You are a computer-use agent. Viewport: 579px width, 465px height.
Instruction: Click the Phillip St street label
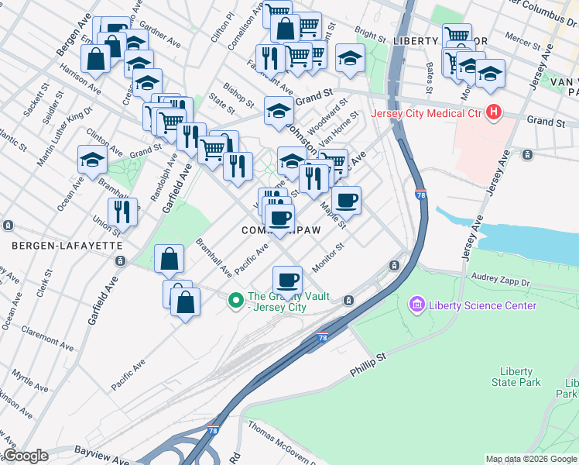[x=367, y=365]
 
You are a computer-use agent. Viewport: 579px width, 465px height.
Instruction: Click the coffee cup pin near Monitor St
[x=287, y=279]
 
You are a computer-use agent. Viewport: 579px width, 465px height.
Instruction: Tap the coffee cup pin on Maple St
[x=346, y=200]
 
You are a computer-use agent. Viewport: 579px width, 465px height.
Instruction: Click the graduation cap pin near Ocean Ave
[x=92, y=160]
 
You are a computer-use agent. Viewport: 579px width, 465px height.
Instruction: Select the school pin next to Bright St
[x=350, y=59]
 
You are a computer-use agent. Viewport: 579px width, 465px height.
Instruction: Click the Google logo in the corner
[x=26, y=456]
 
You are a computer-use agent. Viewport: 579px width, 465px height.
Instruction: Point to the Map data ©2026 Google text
[x=531, y=459]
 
